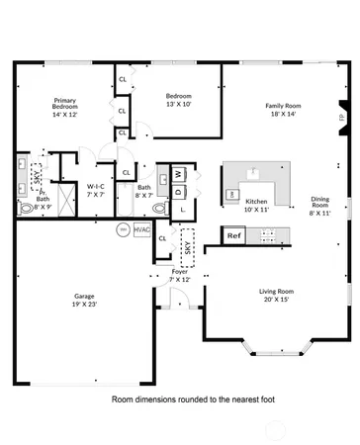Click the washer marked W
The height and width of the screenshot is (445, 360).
coord(179,174)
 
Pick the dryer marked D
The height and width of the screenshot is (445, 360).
coord(179,192)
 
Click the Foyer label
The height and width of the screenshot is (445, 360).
coord(179,275)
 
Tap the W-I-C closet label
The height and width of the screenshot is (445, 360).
coord(97,190)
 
